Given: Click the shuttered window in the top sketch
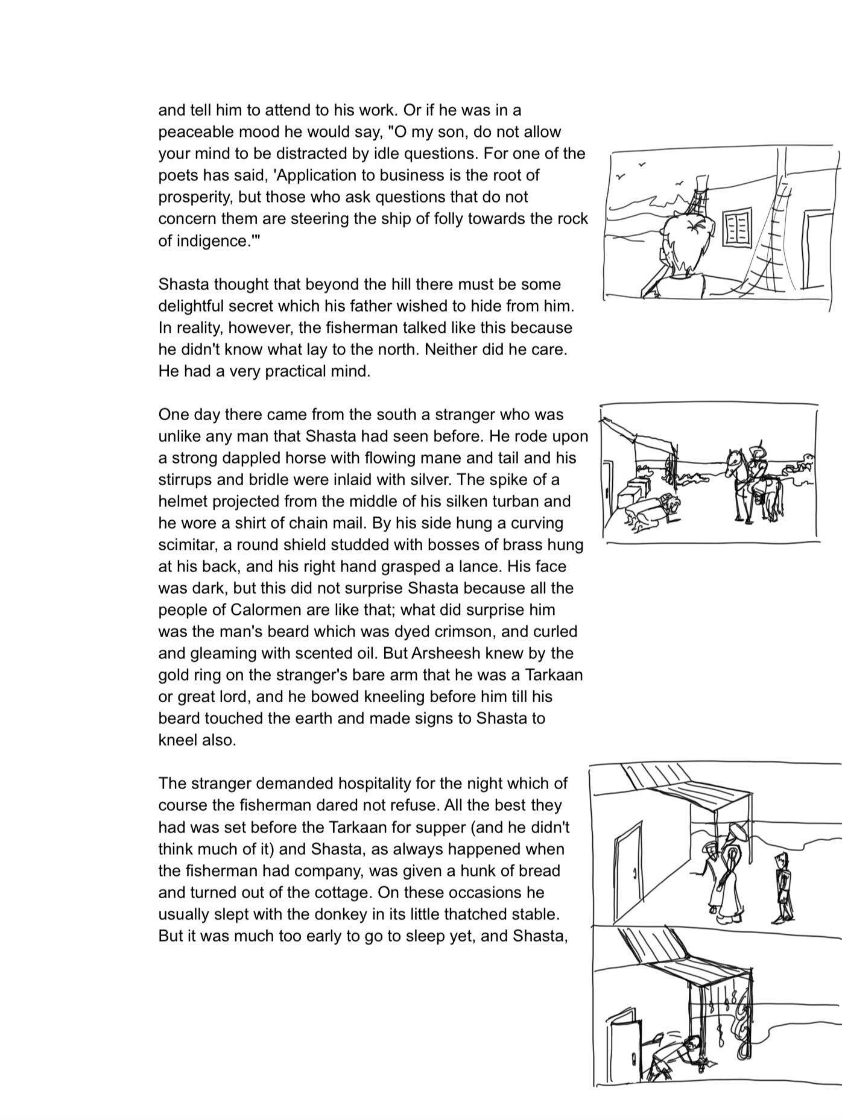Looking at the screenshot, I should coord(736,227).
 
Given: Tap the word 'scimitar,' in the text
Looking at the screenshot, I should coord(188,544).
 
